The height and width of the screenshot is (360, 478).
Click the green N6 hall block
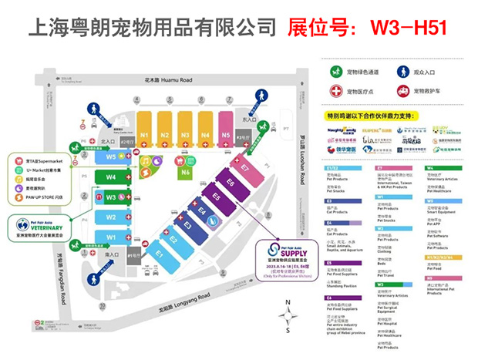(x=186, y=172)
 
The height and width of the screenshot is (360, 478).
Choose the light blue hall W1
(x=112, y=237)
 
